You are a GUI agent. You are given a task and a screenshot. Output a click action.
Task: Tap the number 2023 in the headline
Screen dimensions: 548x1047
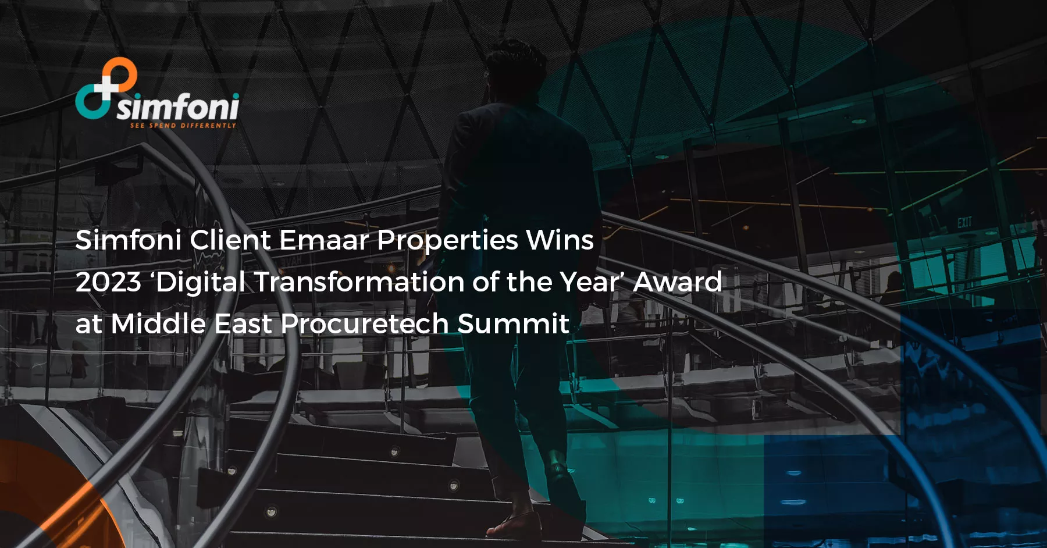(x=108, y=282)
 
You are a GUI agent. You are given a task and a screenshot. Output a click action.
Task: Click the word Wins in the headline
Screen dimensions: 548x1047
(x=560, y=240)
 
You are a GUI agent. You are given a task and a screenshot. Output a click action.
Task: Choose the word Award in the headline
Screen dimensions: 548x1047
(x=677, y=282)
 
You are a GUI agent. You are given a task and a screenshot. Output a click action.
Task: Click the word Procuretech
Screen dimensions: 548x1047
(x=364, y=324)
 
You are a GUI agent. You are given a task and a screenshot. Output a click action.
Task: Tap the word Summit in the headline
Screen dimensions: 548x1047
(x=513, y=324)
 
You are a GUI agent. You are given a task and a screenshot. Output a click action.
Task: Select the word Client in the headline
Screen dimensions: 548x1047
(x=230, y=240)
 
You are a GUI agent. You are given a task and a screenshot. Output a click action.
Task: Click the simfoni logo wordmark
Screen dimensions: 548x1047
(x=177, y=107)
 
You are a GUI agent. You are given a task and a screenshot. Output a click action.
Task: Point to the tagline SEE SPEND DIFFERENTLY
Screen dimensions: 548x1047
(x=183, y=126)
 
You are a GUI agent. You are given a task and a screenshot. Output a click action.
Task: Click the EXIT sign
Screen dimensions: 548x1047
(x=964, y=222)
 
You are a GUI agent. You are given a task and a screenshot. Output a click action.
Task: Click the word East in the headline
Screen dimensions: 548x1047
(x=243, y=324)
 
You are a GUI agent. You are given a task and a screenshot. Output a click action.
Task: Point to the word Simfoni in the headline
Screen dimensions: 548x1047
(x=129, y=240)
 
